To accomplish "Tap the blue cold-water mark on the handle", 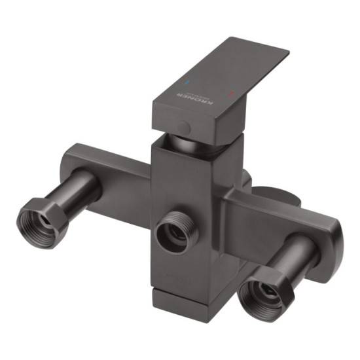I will tap(188, 84).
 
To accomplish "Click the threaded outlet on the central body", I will tap(175, 230).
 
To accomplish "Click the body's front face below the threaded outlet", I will tap(187, 275).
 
